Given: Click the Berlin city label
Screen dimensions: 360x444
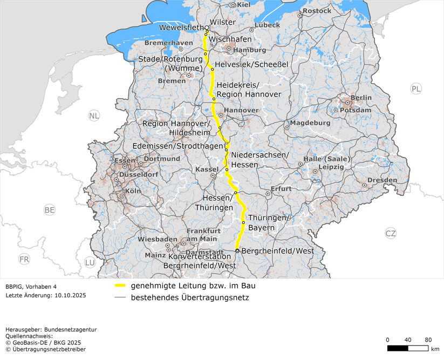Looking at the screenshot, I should pos(361,98).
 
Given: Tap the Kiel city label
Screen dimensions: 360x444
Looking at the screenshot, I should pos(243,4).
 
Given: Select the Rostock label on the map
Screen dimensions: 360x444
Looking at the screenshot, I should pos(317,11).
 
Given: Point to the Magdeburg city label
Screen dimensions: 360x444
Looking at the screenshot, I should pos(310,123).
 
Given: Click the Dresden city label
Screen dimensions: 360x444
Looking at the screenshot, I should pos(382,180).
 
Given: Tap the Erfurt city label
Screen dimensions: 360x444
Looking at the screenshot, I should pos(281,189).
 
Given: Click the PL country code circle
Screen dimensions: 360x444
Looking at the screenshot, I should pos(415,89).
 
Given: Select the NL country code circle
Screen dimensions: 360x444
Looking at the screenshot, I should pos(94,116).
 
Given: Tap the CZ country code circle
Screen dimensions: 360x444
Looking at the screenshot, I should pos(391,233).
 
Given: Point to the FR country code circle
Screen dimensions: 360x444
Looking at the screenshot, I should pos(24,259).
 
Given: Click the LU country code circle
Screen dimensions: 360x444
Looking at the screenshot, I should pos(90,262).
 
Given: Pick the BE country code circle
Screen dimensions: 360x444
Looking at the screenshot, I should pos(50,209).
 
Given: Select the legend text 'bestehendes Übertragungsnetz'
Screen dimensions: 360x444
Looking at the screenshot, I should pos(189,297).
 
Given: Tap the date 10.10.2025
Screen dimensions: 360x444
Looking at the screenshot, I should pos(70,296).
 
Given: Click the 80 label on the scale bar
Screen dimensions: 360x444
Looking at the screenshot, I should pos(428,339).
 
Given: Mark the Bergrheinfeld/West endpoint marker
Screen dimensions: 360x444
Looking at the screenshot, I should pos(237,251).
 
